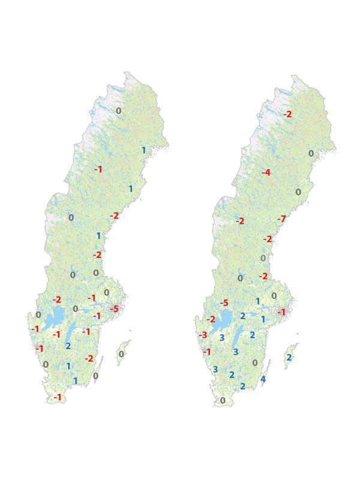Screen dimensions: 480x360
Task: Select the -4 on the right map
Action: [x=266, y=173]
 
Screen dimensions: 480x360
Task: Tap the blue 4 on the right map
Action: [x=263, y=379]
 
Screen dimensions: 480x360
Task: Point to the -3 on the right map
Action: [x=203, y=335]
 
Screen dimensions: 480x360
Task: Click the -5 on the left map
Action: [x=114, y=309]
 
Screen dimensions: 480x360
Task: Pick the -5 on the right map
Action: [x=224, y=303]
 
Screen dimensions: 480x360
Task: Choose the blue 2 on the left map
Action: [x=68, y=346]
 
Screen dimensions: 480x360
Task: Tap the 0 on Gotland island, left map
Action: [x=121, y=354]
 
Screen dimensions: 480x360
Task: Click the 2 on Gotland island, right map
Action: [x=289, y=358]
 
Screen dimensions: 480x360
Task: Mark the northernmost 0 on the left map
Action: [x=118, y=110]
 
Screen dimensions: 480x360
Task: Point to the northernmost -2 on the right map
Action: [x=288, y=114]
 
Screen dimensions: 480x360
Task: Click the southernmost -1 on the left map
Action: [x=58, y=397]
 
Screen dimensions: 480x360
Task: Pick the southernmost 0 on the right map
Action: [x=223, y=400]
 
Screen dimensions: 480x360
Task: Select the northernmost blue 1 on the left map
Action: [x=143, y=150]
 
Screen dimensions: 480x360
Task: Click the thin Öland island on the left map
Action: [x=100, y=368]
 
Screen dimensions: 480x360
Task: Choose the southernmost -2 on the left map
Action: [x=89, y=359]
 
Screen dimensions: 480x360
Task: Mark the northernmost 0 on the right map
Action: [x=311, y=153]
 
